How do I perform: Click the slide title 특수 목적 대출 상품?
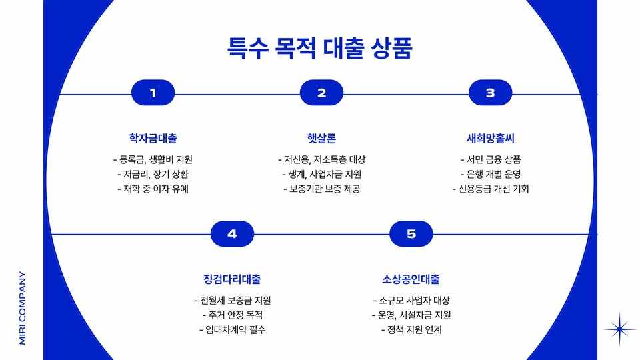320,48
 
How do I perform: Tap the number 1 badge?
153,93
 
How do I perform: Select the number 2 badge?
321,93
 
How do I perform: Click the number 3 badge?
490,93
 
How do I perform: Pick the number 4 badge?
232,234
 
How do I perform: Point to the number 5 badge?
411,234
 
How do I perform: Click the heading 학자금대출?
153,139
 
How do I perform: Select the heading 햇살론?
321,139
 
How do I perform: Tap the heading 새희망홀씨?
490,139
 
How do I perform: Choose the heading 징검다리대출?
232,279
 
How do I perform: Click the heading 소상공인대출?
411,279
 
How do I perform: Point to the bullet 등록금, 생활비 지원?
153,160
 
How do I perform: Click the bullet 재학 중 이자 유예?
153,189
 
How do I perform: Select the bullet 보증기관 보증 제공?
321,189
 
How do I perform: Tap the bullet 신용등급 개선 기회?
490,189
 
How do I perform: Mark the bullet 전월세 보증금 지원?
232,301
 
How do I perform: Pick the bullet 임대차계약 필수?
232,329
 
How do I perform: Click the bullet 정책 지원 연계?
411,329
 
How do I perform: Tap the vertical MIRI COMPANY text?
22,307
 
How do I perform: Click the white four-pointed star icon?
620,329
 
